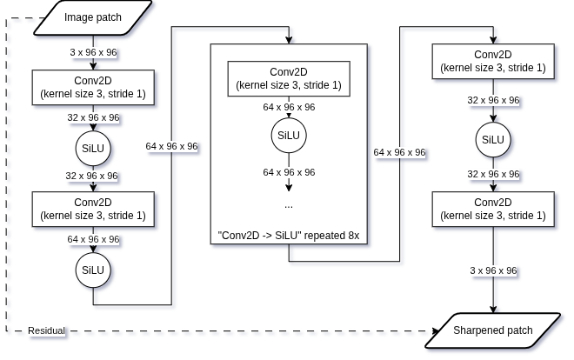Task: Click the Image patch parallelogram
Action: click(x=93, y=17)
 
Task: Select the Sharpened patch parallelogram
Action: click(x=493, y=330)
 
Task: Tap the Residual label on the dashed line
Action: click(x=46, y=330)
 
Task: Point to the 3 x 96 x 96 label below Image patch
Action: click(x=93, y=52)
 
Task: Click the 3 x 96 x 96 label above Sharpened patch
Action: click(x=493, y=270)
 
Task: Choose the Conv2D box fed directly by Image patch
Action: click(x=93, y=88)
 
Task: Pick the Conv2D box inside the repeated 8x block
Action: click(x=289, y=78)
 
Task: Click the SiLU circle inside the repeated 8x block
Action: click(x=289, y=136)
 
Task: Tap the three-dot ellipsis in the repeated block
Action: click(x=289, y=206)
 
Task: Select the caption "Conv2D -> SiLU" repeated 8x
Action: click(x=289, y=236)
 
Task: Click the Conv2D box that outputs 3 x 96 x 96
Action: click(x=493, y=209)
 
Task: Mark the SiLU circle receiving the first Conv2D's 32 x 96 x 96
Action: click(x=93, y=149)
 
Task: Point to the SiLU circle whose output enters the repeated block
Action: click(x=93, y=270)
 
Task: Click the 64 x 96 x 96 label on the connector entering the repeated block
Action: click(x=171, y=146)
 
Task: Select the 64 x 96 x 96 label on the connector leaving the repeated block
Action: click(x=399, y=152)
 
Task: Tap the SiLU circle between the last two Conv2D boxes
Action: click(x=493, y=140)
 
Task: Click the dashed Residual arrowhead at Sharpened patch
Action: click(x=436, y=331)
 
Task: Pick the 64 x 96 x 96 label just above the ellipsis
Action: click(x=289, y=172)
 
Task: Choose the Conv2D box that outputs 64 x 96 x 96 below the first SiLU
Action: click(x=93, y=209)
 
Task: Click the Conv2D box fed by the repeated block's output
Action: click(x=493, y=61)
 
